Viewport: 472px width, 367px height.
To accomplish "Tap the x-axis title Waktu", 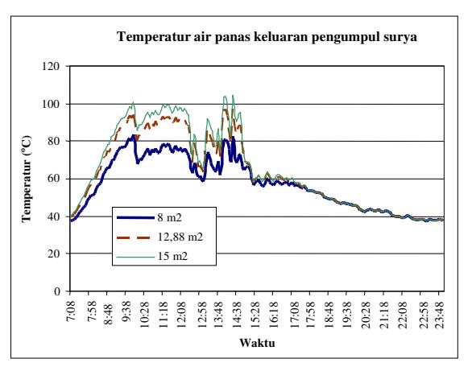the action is pos(258,343).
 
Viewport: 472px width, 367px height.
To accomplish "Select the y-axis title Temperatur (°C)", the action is pos(27,179).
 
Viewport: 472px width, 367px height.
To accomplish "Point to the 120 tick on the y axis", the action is pos(50,66).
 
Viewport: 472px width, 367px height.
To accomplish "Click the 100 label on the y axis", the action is pos(50,104).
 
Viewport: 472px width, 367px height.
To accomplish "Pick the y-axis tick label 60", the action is pos(53,179).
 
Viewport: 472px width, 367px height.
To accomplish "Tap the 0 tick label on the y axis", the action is pos(57,291).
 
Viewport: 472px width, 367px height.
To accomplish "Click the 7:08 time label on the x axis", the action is pos(72,311).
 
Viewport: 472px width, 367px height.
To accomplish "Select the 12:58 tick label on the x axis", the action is pos(202,315).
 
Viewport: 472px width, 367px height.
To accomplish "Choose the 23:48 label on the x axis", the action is pos(441,315).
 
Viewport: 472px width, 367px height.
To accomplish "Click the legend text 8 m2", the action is pos(169,217).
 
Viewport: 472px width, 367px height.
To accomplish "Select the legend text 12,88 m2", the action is pos(180,237).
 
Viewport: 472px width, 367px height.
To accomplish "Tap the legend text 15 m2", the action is pos(172,256).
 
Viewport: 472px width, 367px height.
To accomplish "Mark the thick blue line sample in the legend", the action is pos(135,217).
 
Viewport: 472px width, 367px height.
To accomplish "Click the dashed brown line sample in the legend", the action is pos(135,237).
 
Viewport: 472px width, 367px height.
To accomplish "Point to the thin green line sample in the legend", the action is pos(135,258).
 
